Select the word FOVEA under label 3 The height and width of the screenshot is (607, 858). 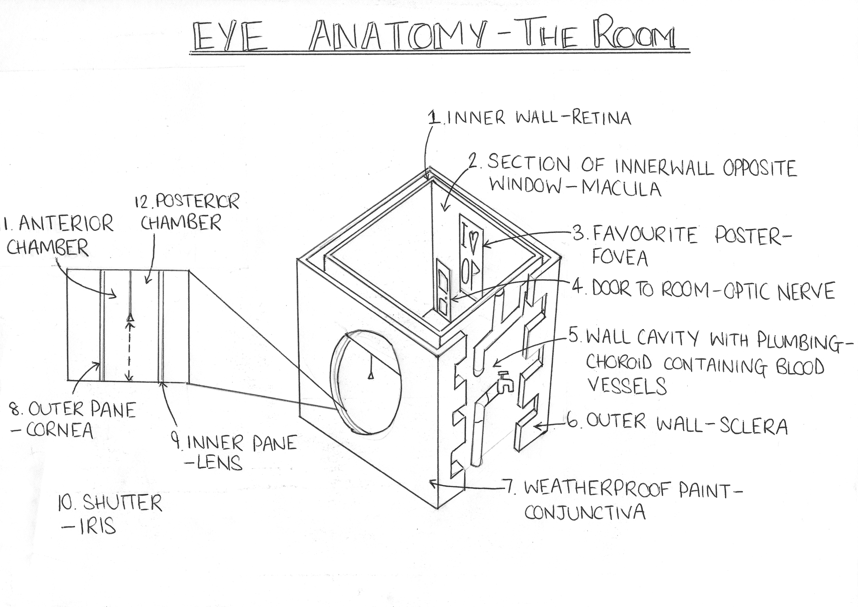click(620, 258)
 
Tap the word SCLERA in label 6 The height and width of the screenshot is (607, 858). click(753, 426)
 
